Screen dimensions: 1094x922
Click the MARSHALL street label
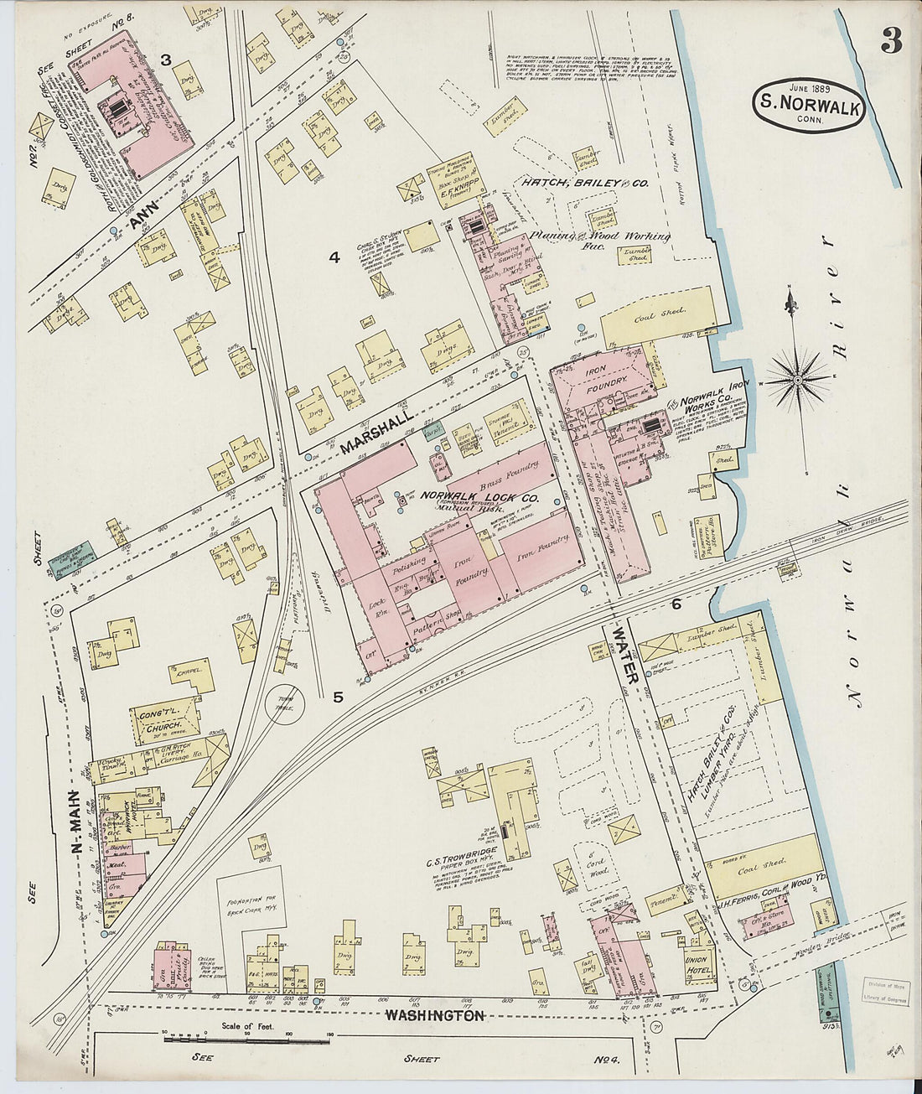(377, 433)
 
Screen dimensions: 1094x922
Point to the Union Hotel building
(697, 965)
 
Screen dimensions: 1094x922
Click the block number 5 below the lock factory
(338, 696)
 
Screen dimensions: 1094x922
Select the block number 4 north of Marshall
(334, 257)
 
